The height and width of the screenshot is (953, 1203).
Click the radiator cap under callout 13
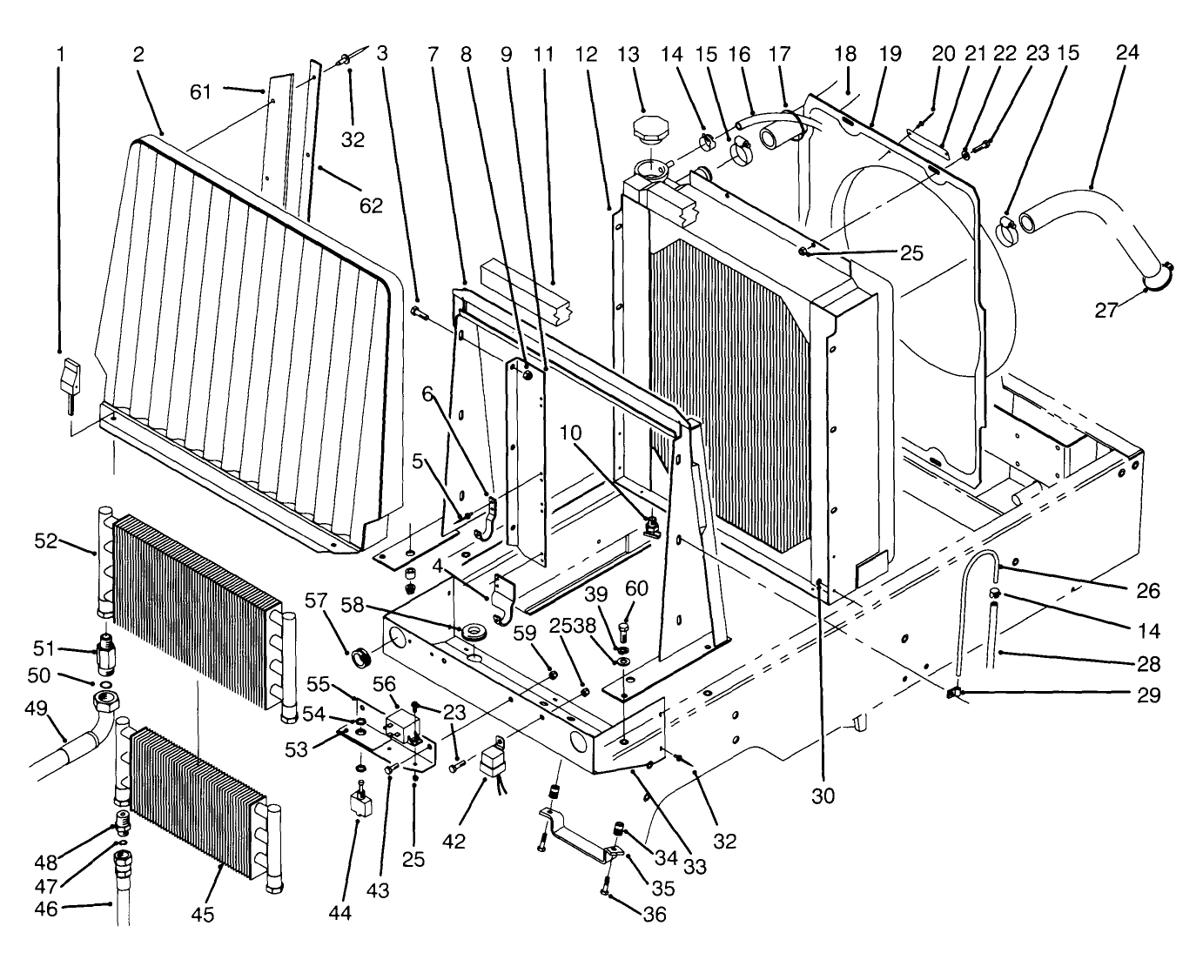click(x=651, y=132)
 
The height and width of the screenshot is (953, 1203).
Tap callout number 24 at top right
click(x=1126, y=53)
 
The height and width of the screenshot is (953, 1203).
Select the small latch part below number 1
click(x=69, y=379)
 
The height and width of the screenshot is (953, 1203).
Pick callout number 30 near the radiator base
click(x=823, y=795)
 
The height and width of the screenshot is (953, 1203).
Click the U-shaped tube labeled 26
click(x=976, y=592)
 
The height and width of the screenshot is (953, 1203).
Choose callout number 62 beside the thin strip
click(x=372, y=205)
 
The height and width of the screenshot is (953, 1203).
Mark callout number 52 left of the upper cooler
click(x=46, y=540)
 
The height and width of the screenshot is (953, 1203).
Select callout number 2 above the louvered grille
click(x=138, y=54)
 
